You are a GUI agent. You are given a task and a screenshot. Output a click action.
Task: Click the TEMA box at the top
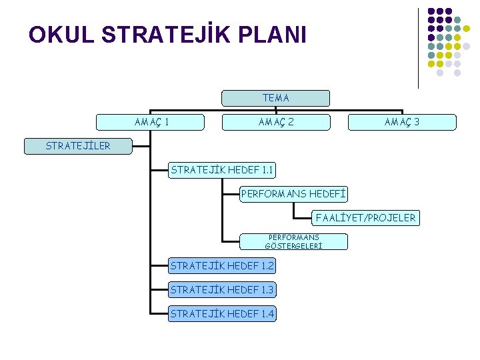275,98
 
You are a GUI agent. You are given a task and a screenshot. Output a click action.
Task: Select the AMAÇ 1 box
151,122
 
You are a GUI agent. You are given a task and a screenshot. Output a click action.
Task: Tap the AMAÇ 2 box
276,122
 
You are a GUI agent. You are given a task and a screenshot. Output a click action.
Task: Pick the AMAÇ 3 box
402,122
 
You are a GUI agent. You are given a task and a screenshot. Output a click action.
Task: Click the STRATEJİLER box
78,146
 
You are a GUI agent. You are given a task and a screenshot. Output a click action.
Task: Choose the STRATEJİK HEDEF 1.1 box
222,170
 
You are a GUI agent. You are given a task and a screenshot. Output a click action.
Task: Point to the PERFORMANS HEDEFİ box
294,194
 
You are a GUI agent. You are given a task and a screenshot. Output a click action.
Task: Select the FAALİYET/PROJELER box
366,217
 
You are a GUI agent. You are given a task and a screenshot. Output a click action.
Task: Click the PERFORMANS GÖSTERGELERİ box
294,241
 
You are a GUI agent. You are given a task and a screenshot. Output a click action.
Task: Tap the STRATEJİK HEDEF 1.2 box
222,266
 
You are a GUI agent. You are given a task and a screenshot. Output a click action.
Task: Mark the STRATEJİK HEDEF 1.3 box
222,290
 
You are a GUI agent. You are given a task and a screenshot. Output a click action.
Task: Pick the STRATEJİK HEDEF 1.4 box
222,313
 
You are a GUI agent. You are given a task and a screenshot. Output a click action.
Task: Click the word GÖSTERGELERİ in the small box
294,245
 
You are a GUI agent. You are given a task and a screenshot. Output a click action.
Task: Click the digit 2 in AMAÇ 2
290,122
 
